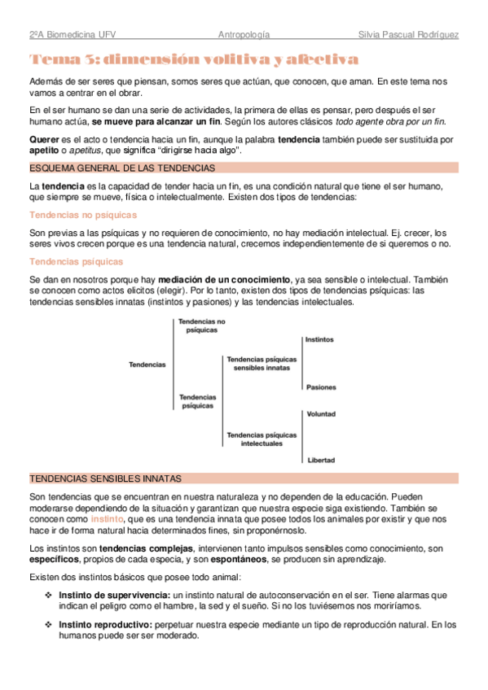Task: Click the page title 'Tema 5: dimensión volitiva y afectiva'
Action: tap(193, 59)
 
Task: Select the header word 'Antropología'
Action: tap(244, 36)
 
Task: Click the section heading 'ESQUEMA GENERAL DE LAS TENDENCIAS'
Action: tap(122, 168)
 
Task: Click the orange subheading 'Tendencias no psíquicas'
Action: tap(83, 215)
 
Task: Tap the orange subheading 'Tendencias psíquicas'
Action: tap(76, 261)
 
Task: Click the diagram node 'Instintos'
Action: tap(319, 339)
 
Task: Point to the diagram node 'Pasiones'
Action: tap(321, 387)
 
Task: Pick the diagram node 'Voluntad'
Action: tap(321, 414)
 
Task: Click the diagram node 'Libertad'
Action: tap(321, 461)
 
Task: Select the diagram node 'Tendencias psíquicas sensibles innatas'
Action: tap(262, 363)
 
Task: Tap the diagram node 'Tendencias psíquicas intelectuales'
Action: tap(262, 439)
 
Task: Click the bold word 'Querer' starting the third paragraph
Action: tap(44, 139)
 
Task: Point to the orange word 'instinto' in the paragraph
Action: tap(107, 518)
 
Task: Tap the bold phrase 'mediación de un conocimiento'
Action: tap(218, 279)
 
